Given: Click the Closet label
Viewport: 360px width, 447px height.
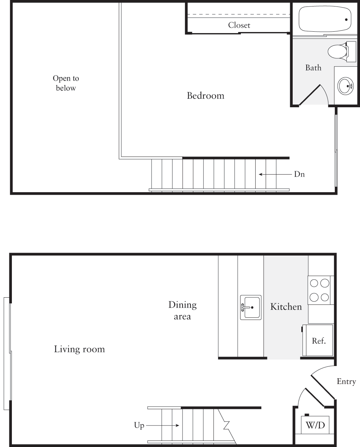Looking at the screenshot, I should [x=239, y=25].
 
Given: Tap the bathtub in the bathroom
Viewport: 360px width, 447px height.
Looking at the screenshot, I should [x=324, y=19].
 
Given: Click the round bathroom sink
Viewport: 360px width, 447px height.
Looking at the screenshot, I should [x=345, y=86].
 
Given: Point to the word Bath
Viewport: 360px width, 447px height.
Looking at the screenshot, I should [x=313, y=68].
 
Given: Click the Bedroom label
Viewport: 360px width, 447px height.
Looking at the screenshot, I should [x=206, y=96].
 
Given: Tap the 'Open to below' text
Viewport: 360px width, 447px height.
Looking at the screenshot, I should [x=66, y=83].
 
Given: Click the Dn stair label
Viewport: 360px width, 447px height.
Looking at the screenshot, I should [x=299, y=175].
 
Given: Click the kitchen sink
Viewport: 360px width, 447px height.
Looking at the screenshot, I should [x=251, y=307].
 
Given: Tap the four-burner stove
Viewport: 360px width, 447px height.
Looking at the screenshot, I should [x=320, y=290].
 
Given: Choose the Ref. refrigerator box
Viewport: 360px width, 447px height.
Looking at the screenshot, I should [x=319, y=340].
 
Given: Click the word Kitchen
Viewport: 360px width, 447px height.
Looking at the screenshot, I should [x=286, y=307].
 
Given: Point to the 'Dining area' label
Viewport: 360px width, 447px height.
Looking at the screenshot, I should [x=183, y=311].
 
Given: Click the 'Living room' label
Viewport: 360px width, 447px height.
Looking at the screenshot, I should [x=80, y=349].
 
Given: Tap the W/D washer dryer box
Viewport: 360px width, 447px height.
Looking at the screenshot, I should [x=315, y=425].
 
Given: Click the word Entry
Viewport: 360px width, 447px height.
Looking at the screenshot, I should [x=346, y=382].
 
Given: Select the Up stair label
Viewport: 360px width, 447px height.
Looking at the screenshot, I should [x=139, y=426].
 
